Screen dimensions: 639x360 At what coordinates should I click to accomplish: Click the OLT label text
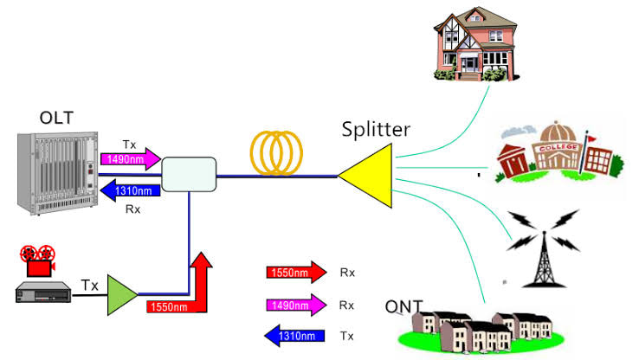point(56,118)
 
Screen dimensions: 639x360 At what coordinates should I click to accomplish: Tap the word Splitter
point(376,130)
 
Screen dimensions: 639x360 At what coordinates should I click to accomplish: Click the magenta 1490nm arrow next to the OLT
point(131,159)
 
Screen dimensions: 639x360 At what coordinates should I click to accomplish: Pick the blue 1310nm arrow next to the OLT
point(131,190)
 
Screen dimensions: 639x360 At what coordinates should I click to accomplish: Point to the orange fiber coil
point(276,153)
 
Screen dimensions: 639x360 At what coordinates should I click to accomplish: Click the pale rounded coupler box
point(189,174)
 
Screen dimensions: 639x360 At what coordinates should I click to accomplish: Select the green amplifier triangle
point(122,295)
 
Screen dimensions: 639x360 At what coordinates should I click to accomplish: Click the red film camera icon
point(38,260)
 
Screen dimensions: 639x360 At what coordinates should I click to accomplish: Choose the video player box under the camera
point(43,292)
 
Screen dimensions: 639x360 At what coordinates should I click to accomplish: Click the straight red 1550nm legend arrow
point(296,272)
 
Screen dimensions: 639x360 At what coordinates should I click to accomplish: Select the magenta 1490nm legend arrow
point(296,305)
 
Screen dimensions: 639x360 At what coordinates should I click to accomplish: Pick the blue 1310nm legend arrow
point(294,336)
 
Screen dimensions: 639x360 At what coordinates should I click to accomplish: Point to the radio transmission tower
point(544,248)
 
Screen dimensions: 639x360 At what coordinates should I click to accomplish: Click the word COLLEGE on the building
point(558,147)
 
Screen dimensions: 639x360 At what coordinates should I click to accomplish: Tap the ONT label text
point(403,306)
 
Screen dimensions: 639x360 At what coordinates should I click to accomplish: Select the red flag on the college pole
point(591,138)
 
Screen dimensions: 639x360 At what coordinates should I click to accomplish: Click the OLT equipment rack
point(58,173)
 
